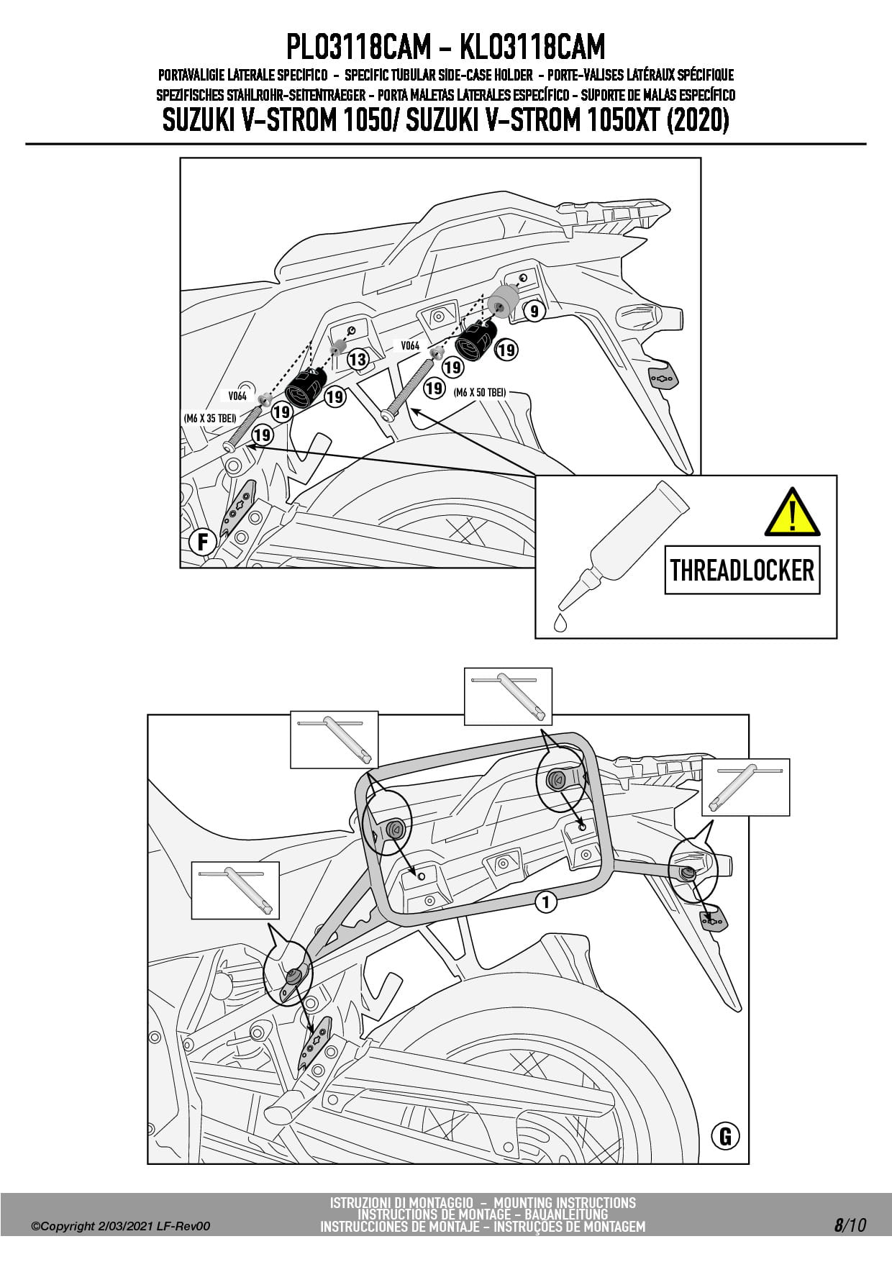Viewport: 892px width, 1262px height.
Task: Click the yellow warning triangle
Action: click(792, 513)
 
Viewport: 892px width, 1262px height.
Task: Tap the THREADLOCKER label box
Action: click(742, 570)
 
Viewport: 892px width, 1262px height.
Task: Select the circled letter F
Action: click(203, 541)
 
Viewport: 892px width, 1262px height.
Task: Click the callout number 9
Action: click(533, 311)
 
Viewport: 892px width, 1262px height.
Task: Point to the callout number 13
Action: click(358, 359)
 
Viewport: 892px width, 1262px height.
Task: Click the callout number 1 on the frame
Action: click(546, 902)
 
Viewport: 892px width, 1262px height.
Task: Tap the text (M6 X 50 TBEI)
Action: click(480, 392)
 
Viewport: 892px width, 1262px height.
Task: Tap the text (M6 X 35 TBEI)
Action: click(210, 418)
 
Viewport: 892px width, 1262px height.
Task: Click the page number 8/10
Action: click(850, 1225)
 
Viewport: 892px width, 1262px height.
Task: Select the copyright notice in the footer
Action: click(121, 1226)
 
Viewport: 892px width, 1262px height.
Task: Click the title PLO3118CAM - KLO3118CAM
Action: click(445, 47)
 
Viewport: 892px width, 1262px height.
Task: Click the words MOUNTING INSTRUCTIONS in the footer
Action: click(565, 1202)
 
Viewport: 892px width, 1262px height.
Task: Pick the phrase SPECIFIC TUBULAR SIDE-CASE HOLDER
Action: click(439, 75)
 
